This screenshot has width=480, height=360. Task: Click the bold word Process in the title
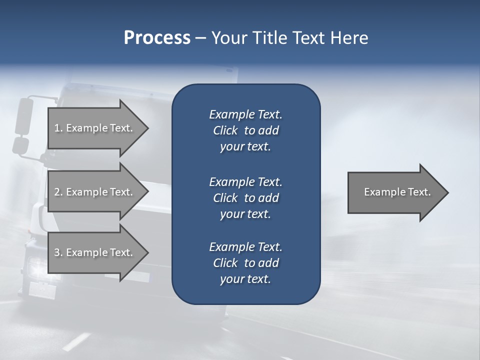pos(157,38)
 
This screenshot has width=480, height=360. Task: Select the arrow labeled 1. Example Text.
pos(95,128)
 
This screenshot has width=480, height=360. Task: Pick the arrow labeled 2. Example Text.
pos(95,192)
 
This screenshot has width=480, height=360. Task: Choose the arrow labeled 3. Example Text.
pos(95,252)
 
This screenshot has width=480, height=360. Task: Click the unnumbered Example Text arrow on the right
pos(397,192)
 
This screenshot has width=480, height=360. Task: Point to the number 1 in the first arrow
pos(57,128)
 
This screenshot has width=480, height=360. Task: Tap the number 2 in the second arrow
pos(57,192)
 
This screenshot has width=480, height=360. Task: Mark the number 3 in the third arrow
pos(57,252)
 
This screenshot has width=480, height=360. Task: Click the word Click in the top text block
pos(225,130)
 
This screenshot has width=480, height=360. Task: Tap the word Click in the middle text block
pos(225,198)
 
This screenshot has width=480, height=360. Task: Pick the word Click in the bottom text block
pos(225,263)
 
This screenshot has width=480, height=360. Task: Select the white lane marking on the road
pos(75,342)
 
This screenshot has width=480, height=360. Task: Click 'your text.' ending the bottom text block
pos(245,279)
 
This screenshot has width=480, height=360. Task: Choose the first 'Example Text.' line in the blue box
pos(245,114)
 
